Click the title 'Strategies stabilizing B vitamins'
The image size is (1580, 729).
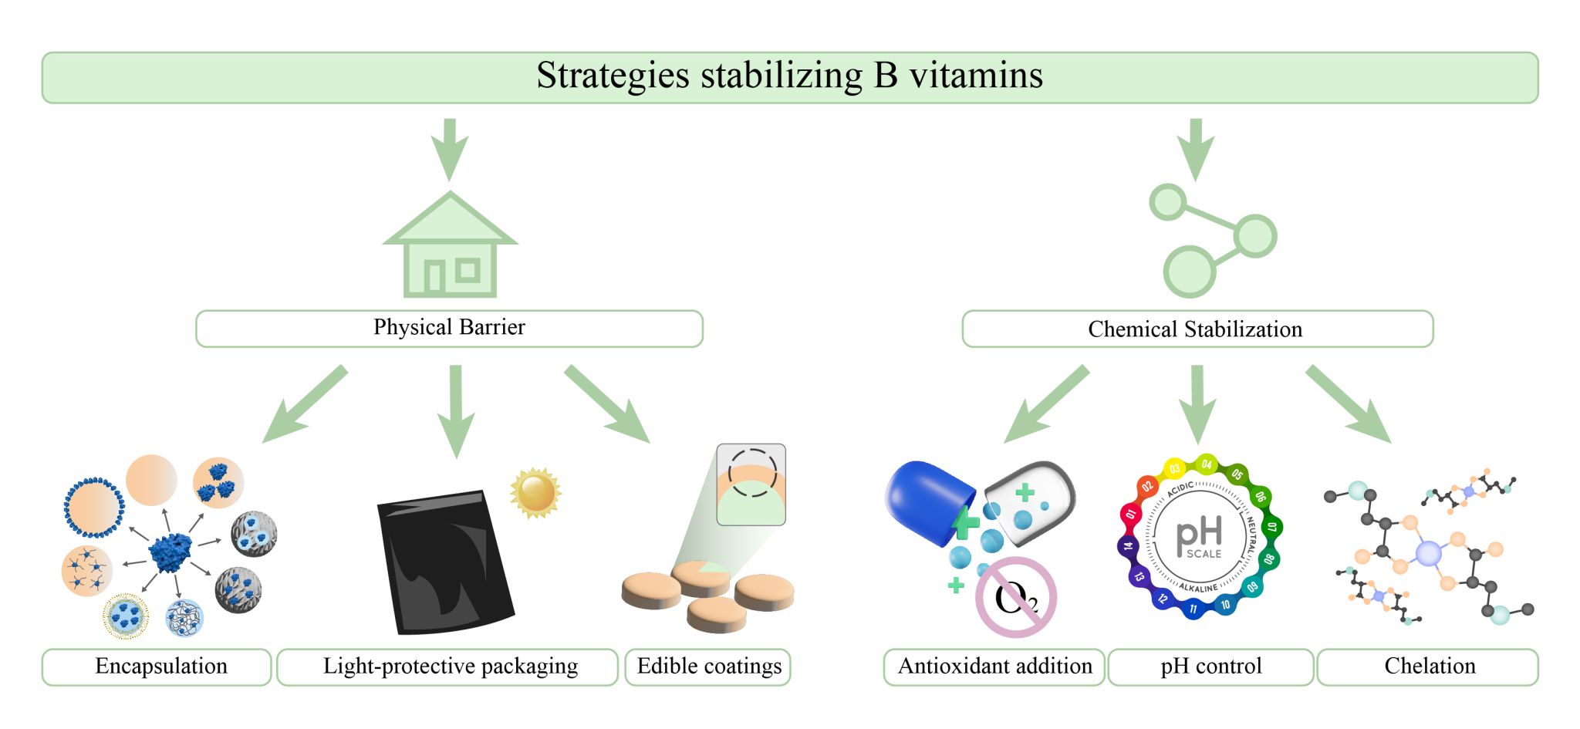[789, 76]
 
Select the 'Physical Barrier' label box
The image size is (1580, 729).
[449, 328]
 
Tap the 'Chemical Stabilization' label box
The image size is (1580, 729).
[1197, 329]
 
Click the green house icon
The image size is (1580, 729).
[450, 246]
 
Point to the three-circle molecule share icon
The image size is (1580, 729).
[1210, 240]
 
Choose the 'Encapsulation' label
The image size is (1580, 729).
[160, 667]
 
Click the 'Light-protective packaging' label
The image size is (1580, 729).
[450, 667]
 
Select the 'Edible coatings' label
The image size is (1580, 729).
[709, 667]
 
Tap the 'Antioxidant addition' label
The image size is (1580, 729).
[994, 667]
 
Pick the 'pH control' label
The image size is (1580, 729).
[1210, 667]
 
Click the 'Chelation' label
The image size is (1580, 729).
[1429, 667]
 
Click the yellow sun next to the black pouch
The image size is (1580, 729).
[535, 491]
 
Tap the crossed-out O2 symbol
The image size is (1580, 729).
[1016, 597]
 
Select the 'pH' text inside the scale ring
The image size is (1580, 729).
[1199, 533]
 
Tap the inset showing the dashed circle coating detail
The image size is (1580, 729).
[751, 484]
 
